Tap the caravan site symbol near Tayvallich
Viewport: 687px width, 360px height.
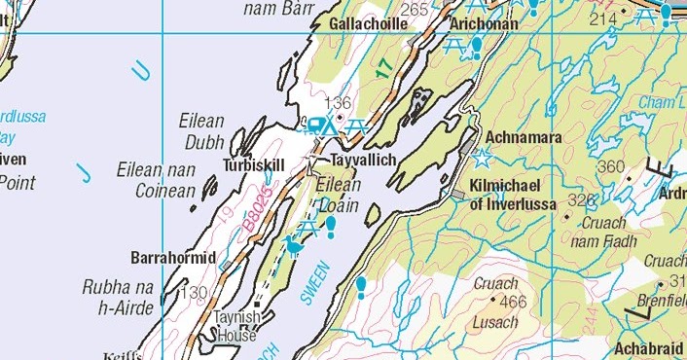pyautogui.click(x=318, y=125)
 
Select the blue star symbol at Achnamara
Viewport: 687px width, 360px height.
pyautogui.click(x=482, y=157)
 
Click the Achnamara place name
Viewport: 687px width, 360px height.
pyautogui.click(x=523, y=138)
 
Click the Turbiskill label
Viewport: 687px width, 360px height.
pyautogui.click(x=254, y=165)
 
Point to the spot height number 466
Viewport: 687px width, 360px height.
pyautogui.click(x=513, y=302)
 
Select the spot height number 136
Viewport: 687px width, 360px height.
pyautogui.click(x=337, y=103)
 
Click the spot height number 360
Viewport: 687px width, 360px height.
pyautogui.click(x=610, y=167)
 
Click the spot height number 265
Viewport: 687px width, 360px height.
pyautogui.click(x=414, y=9)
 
